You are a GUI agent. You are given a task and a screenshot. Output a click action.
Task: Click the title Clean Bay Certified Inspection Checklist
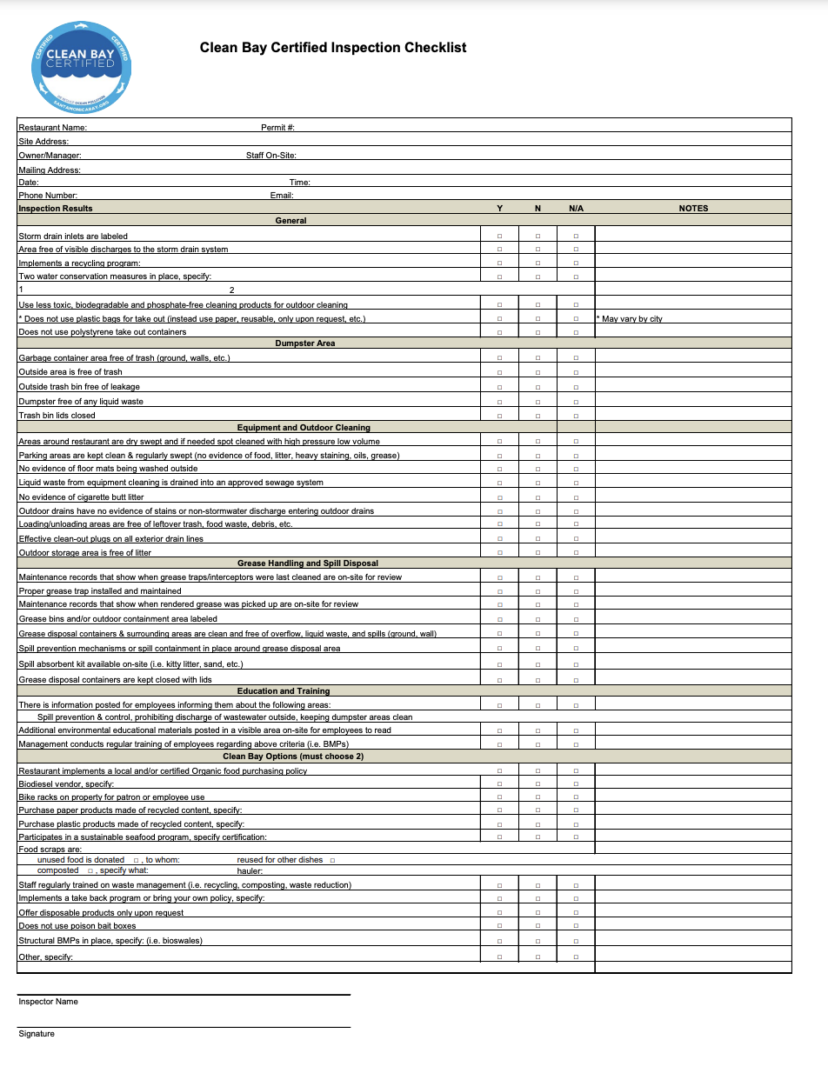333,48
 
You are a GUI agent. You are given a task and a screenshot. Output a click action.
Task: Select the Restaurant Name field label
52,128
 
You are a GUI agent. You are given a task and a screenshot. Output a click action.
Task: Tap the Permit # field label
277,128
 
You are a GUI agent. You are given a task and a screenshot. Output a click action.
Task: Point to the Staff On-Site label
270,156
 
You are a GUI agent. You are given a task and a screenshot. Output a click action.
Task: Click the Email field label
282,196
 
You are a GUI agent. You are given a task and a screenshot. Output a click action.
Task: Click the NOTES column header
693,209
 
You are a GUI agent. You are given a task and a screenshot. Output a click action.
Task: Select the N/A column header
576,209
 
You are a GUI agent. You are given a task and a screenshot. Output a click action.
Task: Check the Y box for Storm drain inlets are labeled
499,237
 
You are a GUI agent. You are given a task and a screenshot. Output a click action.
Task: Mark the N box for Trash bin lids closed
538,416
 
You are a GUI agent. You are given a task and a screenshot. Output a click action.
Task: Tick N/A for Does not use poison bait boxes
576,926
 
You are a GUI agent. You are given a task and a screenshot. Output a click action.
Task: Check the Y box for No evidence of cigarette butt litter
499,497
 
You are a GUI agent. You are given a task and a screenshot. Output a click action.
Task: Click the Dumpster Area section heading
304,343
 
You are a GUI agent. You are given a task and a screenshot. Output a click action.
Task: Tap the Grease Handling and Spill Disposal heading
308,563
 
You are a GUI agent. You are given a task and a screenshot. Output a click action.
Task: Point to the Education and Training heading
284,691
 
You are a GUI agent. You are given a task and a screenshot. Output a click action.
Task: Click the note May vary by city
631,319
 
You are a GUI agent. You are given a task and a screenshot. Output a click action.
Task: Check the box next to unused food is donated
137,860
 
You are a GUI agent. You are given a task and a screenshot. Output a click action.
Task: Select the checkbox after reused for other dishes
332,860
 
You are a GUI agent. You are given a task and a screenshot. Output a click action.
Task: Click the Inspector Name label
48,1002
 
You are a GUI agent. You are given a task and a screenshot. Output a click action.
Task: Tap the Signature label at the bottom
37,1034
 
